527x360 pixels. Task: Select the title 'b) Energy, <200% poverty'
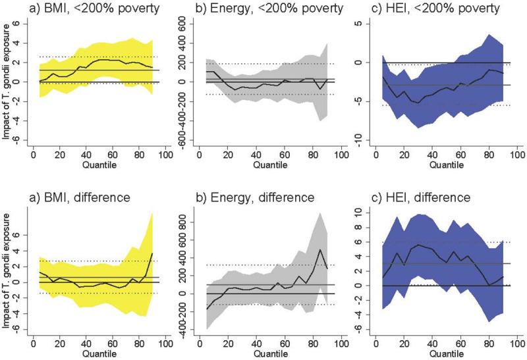coord(262,9)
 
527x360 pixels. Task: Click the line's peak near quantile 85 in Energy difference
coord(321,249)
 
